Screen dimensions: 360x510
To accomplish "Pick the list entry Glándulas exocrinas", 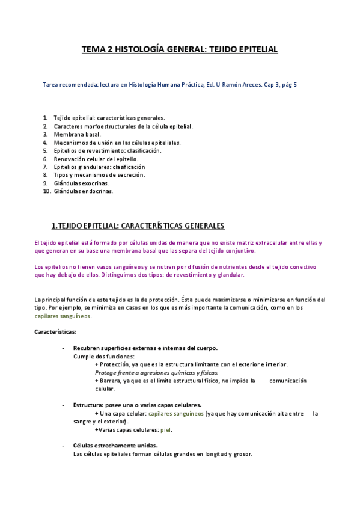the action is point(84,183).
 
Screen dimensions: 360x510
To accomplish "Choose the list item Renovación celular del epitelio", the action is point(96,159).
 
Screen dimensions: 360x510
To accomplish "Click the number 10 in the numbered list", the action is point(47,191).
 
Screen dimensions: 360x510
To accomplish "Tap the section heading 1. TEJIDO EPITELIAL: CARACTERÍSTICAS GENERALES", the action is point(138,226).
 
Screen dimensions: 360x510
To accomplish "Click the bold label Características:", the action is point(55,331).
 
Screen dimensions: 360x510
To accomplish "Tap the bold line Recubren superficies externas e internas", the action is point(145,348).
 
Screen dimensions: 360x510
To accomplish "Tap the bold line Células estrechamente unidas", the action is point(115,446).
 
